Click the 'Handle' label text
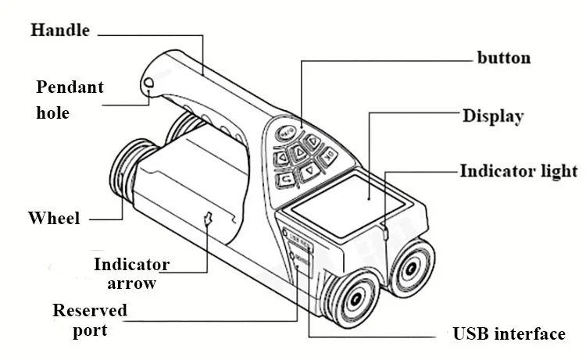coord(59,31)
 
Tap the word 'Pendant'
coord(69,87)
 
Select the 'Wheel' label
coord(54,218)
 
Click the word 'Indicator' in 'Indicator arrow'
coord(132,264)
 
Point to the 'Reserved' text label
coord(90,311)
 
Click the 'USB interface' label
coord(509,334)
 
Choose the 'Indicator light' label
coord(518,171)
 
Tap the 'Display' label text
coord(492,116)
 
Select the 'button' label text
coord(504,58)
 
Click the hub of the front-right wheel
coord(412,271)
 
